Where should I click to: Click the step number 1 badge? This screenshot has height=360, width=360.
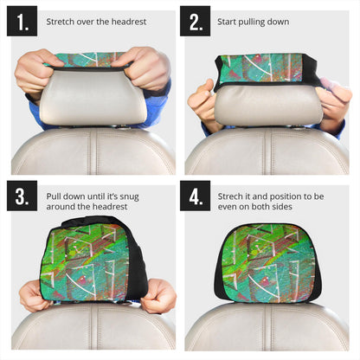click(22, 21)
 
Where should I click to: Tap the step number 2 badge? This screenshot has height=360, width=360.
click(195, 21)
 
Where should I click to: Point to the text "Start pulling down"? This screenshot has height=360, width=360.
click(253, 21)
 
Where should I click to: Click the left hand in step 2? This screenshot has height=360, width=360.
click(201, 102)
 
